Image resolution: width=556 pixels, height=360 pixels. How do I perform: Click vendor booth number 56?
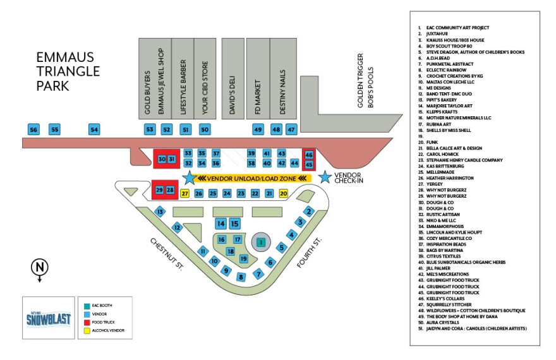click(34, 129)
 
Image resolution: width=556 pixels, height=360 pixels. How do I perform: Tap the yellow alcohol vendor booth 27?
click(185, 193)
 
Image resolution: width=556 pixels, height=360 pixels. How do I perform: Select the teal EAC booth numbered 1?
click(260, 241)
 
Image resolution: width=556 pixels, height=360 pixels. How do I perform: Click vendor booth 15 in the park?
click(234, 223)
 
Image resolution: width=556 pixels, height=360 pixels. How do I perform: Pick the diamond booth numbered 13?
click(160, 212)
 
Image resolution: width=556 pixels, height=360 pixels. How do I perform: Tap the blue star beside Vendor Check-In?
click(325, 177)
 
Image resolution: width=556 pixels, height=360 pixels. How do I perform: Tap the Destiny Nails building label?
click(282, 92)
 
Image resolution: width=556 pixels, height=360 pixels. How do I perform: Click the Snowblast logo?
click(45, 319)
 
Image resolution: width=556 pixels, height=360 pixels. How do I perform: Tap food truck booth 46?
click(309, 155)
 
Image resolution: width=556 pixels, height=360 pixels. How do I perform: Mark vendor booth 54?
click(94, 129)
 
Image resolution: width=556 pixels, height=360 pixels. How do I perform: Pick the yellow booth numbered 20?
click(284, 193)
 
